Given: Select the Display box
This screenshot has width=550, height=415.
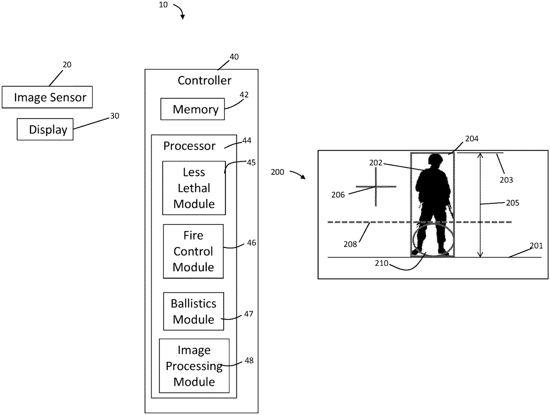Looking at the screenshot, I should point(45,129).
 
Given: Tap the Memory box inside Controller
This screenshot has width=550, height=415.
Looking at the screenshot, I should point(192,109).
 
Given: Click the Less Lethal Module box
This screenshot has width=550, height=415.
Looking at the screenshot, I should point(194,188).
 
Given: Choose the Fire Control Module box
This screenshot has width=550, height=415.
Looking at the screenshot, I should point(193,251).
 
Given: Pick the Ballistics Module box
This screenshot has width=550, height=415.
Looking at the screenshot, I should point(193,311).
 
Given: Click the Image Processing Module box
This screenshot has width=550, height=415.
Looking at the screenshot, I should point(194,365).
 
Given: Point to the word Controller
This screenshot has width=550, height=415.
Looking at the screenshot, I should point(204,81).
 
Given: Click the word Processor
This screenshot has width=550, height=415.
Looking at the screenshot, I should point(189,146).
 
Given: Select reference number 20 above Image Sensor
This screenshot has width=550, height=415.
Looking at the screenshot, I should point(67,65).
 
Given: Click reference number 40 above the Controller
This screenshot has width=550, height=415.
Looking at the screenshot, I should point(234,57).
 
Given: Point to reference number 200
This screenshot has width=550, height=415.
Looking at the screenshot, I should point(277,173).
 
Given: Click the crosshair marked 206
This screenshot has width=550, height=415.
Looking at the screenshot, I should point(376,187).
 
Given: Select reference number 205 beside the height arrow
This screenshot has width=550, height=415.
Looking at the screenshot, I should point(512,202).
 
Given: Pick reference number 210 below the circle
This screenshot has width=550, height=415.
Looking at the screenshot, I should point(381,264).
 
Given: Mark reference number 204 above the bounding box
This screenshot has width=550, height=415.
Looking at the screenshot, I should point(472,138).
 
